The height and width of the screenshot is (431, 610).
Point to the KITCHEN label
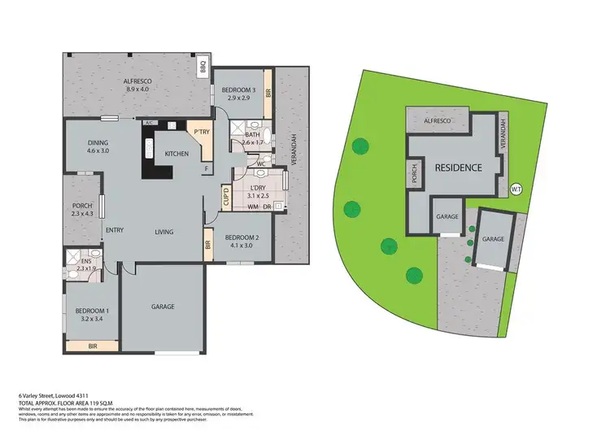(x=177, y=153)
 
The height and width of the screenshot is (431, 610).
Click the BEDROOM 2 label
(x=244, y=241)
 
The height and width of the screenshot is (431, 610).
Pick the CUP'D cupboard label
(x=226, y=197)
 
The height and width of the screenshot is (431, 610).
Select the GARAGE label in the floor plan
(x=163, y=307)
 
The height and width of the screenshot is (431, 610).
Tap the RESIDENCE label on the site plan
(x=458, y=168)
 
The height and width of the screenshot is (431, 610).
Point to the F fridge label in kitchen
(x=207, y=169)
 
